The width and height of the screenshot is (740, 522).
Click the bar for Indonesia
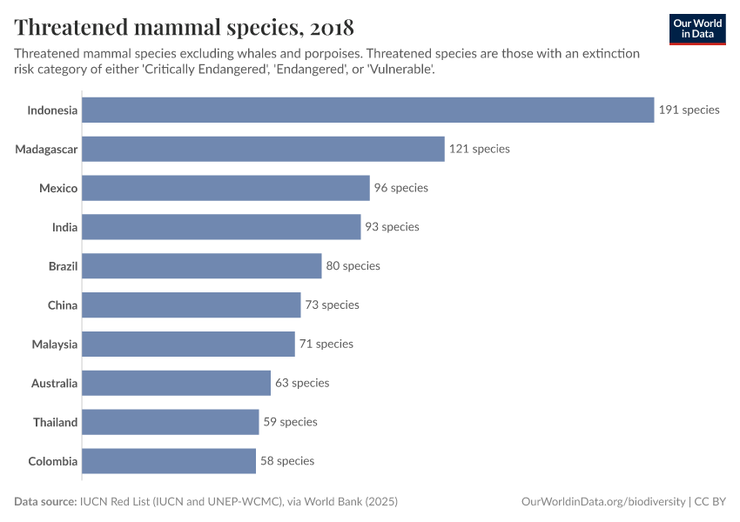[x=367, y=110]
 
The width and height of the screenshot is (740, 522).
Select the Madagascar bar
[x=263, y=149]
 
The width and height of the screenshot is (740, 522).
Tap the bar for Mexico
[x=225, y=188]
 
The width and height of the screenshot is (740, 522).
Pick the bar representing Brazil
[x=202, y=265]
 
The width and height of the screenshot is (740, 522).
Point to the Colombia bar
[x=169, y=461]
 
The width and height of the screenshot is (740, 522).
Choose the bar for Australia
[x=177, y=383]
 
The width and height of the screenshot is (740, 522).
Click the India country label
[x=64, y=227]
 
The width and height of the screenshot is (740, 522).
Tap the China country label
[x=63, y=305]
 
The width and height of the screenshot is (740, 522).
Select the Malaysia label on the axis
[x=55, y=344]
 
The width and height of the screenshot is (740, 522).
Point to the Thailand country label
[x=56, y=422]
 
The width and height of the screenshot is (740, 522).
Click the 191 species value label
[x=690, y=110]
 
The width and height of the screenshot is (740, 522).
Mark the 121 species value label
[x=480, y=149]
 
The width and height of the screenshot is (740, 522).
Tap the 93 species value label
[x=392, y=227]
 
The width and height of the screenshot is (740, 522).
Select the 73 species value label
[x=332, y=305]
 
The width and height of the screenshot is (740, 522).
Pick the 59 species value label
[x=290, y=422]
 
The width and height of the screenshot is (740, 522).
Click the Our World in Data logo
[x=697, y=29]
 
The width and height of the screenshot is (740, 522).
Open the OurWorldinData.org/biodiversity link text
[x=602, y=502]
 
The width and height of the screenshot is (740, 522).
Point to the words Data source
[x=44, y=502]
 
